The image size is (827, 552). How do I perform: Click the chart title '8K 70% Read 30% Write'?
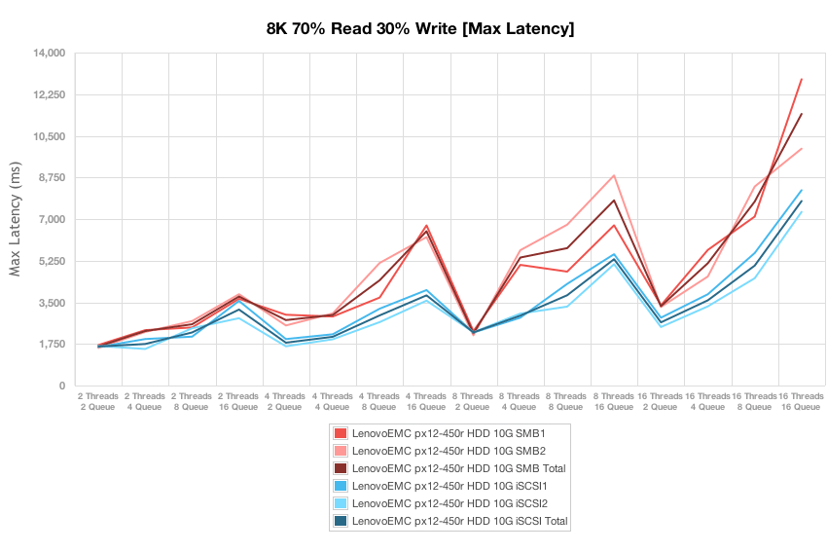(420, 29)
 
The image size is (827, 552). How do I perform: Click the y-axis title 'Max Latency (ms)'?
(15, 219)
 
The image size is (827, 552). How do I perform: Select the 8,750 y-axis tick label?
(48, 178)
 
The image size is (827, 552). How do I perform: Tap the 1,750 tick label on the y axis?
(48, 345)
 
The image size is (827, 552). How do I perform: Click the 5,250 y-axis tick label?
(48, 261)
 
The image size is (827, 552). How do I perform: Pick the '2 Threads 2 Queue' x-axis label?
(98, 402)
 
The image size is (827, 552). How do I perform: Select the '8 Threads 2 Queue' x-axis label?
(473, 402)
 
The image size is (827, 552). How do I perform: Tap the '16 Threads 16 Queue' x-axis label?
(800, 402)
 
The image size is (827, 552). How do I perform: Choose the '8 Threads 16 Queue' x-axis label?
(613, 402)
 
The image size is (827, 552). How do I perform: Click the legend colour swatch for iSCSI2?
(340, 503)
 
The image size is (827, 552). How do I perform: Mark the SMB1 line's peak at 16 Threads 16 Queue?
(801, 79)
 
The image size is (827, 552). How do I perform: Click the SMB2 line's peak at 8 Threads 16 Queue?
(614, 175)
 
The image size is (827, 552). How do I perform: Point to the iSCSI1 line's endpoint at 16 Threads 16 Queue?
(801, 190)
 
